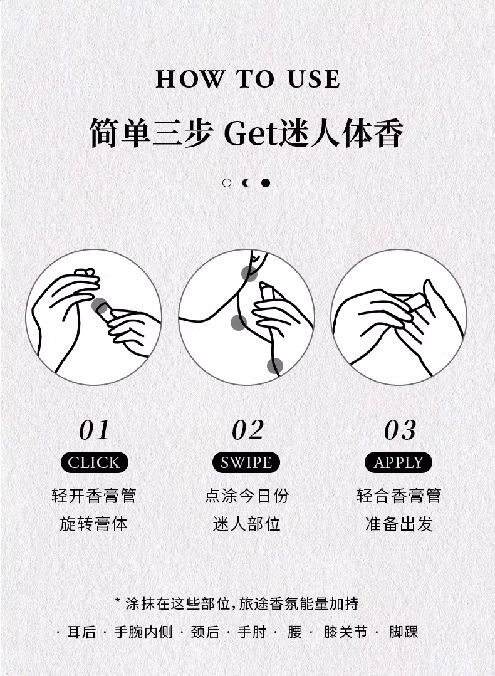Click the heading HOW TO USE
[x=247, y=80]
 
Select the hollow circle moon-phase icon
[x=227, y=183]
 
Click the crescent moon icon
[x=246, y=183]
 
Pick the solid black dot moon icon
[x=266, y=183]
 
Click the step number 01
[x=95, y=430]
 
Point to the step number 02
[x=247, y=430]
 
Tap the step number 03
[x=400, y=430]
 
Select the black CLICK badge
[x=95, y=462]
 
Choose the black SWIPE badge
[x=246, y=462]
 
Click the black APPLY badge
[x=399, y=462]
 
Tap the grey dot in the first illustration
[x=100, y=306]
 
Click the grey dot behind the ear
[x=249, y=273]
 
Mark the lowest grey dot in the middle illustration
[x=275, y=366]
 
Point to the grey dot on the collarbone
[x=239, y=323]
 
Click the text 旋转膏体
[x=94, y=524]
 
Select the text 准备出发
[x=399, y=524]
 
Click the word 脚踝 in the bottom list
[x=404, y=632]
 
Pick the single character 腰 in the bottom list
[x=294, y=632]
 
